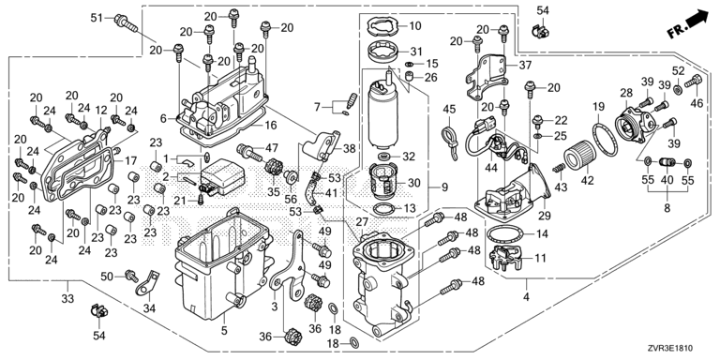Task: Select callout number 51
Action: coord(97,18)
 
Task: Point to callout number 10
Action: coord(414,25)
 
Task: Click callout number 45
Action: coord(449,110)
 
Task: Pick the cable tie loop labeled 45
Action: coord(449,142)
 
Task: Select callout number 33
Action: coord(67,299)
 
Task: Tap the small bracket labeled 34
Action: coord(146,284)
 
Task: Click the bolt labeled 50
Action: coord(131,276)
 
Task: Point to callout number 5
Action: coord(224,330)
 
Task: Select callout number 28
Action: coord(626,93)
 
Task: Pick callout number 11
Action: coord(540,258)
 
